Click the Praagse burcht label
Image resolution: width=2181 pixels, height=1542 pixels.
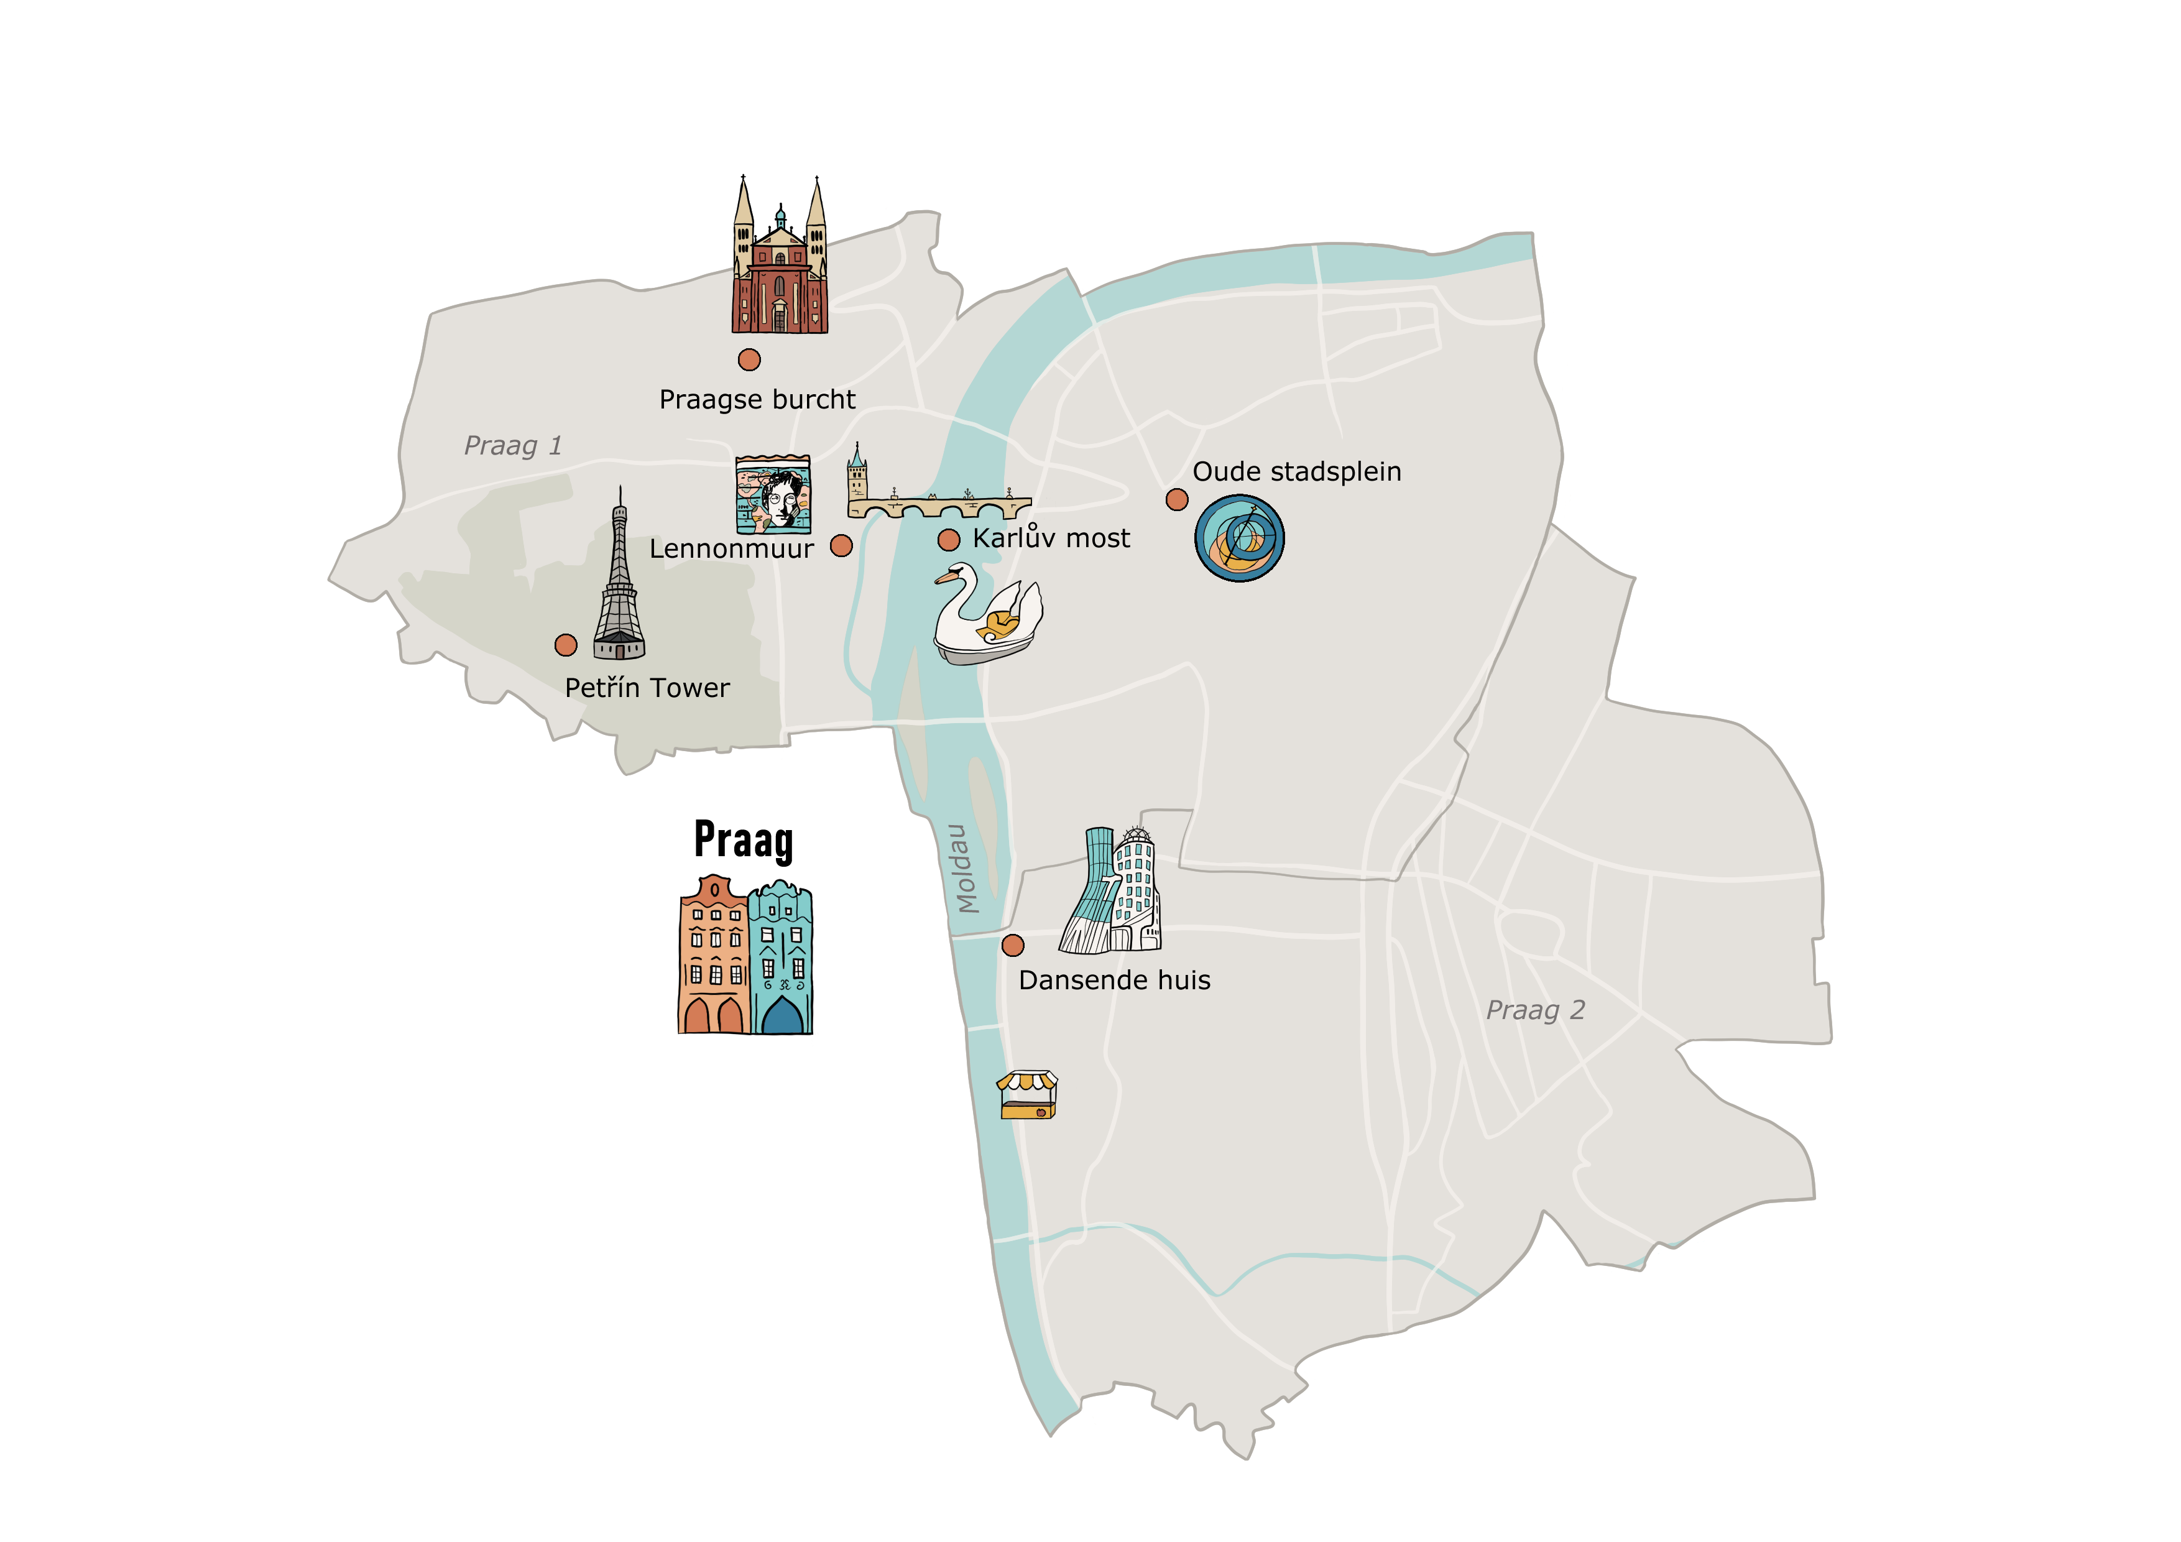pyautogui.click(x=757, y=400)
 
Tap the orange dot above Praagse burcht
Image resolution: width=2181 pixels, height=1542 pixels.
pyautogui.click(x=749, y=359)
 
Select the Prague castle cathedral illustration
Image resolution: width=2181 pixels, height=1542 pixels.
pyautogui.click(x=779, y=261)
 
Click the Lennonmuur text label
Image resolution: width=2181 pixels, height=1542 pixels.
pyautogui.click(x=731, y=549)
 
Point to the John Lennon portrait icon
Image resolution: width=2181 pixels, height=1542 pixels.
pyautogui.click(x=773, y=495)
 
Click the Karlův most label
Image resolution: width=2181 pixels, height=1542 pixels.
pyautogui.click(x=1051, y=538)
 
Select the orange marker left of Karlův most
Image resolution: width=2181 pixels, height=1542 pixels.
pyautogui.click(x=948, y=540)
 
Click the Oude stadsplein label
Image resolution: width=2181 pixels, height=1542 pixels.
pyautogui.click(x=1297, y=472)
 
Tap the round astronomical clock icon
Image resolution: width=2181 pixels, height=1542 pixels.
pyautogui.click(x=1240, y=538)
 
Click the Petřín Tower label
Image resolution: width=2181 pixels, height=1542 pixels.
pyautogui.click(x=647, y=688)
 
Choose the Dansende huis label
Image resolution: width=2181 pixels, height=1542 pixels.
pyautogui.click(x=1114, y=981)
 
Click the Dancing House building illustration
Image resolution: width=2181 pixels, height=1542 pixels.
pyautogui.click(x=1112, y=893)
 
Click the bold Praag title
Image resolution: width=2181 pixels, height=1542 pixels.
pyautogui.click(x=744, y=841)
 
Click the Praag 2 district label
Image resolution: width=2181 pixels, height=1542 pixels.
pyautogui.click(x=1535, y=1010)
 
